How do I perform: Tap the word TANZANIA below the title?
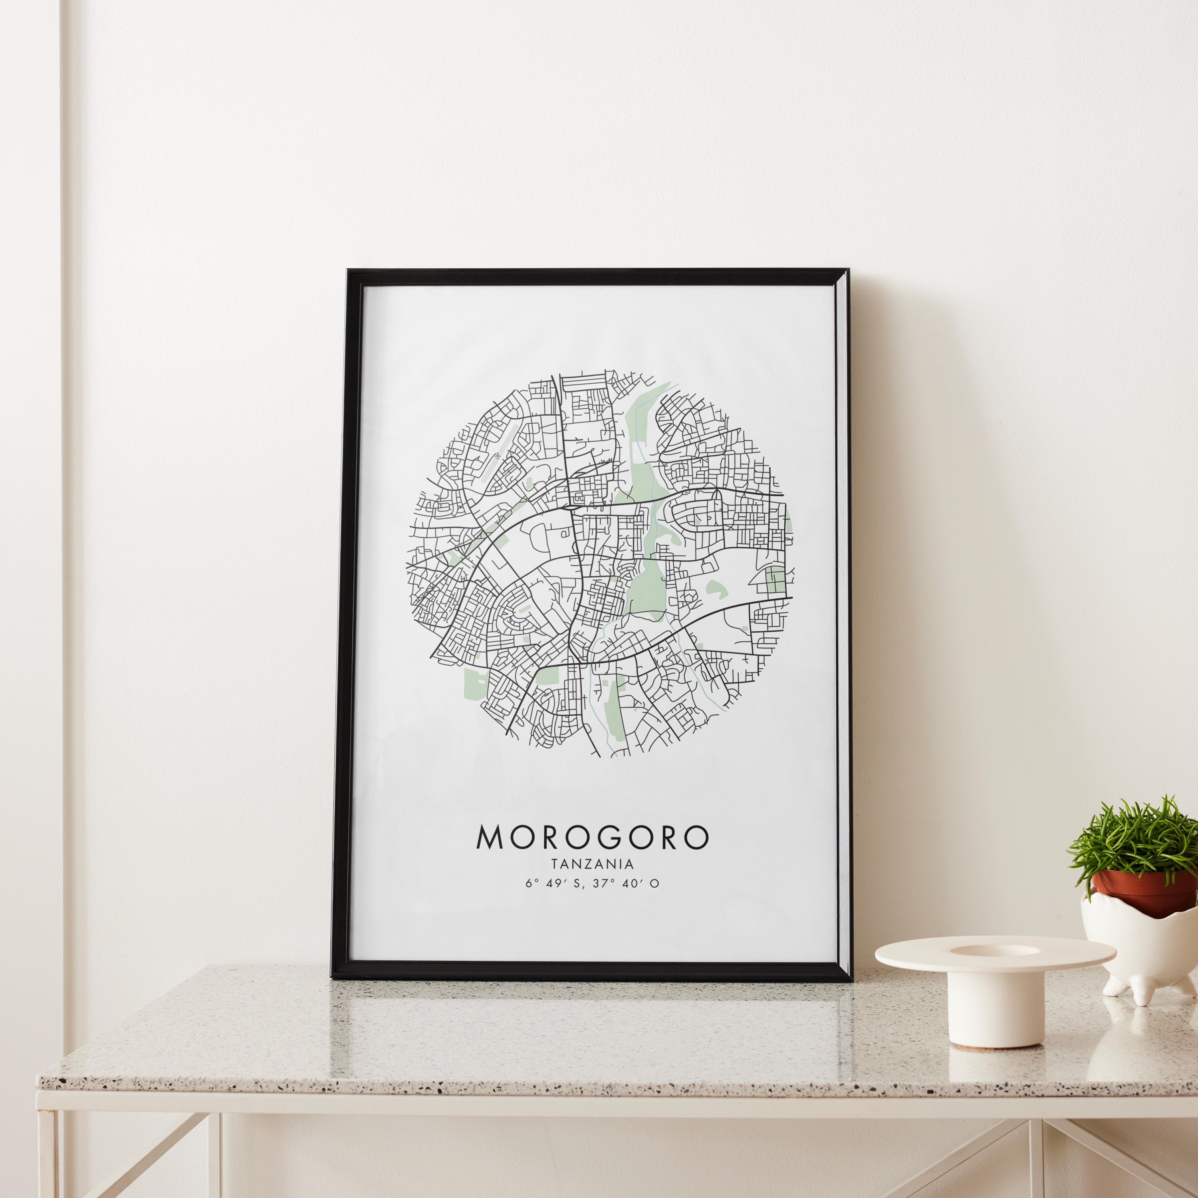click(591, 863)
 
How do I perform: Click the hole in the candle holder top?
click(995, 950)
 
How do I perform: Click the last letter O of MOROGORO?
click(696, 837)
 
